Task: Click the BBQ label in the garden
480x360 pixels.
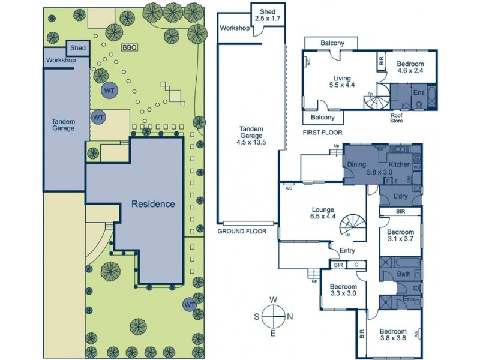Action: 130,47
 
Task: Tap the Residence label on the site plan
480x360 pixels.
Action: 153,204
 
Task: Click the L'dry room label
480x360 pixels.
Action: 401,197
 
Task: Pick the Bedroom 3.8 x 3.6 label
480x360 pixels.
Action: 392,335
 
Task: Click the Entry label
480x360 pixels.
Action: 347,251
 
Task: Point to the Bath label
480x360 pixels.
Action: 403,274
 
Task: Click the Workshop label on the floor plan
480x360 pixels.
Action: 234,28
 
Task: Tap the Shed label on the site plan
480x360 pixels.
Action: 78,48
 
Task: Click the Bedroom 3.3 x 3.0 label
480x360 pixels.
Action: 344,290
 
